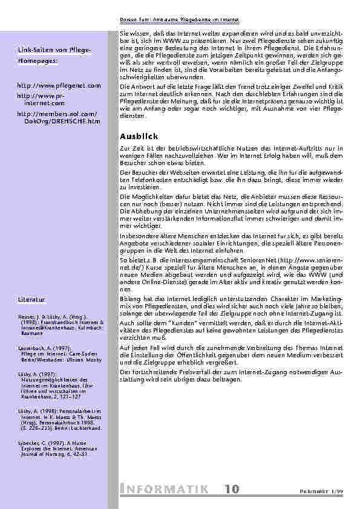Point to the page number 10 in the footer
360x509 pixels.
(232, 488)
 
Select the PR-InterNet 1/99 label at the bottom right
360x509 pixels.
(326, 491)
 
